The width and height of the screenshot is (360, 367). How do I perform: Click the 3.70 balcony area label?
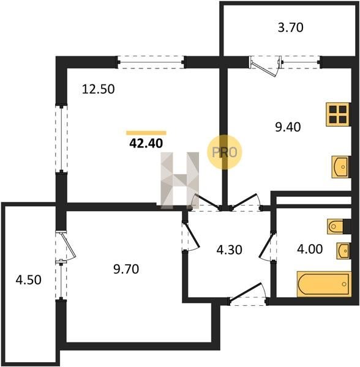pos(290,28)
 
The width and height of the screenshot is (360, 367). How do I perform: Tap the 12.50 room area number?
pos(99,89)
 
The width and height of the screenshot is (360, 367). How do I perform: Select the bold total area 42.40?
pos(146,143)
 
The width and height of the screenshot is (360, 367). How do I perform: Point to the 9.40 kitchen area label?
pos(288,127)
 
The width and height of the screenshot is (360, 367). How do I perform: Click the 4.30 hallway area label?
pos(230,250)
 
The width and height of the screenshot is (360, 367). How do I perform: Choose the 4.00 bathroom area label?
pos(310,249)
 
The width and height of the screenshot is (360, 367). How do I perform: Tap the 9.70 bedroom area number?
pos(126,269)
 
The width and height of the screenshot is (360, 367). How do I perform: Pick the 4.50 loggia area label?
pos(29,280)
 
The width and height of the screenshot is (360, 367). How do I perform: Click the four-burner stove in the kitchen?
pos(338,114)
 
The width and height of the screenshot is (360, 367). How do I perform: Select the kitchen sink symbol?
pos(341,167)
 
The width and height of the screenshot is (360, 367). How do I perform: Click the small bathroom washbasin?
pos(343,251)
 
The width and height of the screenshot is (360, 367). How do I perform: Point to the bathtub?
pos(324,284)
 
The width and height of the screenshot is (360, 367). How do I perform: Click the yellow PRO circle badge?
pos(224,152)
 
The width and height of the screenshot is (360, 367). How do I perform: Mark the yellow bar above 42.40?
pos(146,133)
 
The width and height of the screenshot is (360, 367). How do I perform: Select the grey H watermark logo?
pos(179,180)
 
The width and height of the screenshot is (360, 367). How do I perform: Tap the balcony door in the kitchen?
pos(265,67)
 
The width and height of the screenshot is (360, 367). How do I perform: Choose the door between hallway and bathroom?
pos(268,246)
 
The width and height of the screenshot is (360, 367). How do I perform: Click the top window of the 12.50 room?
pos(151,62)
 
